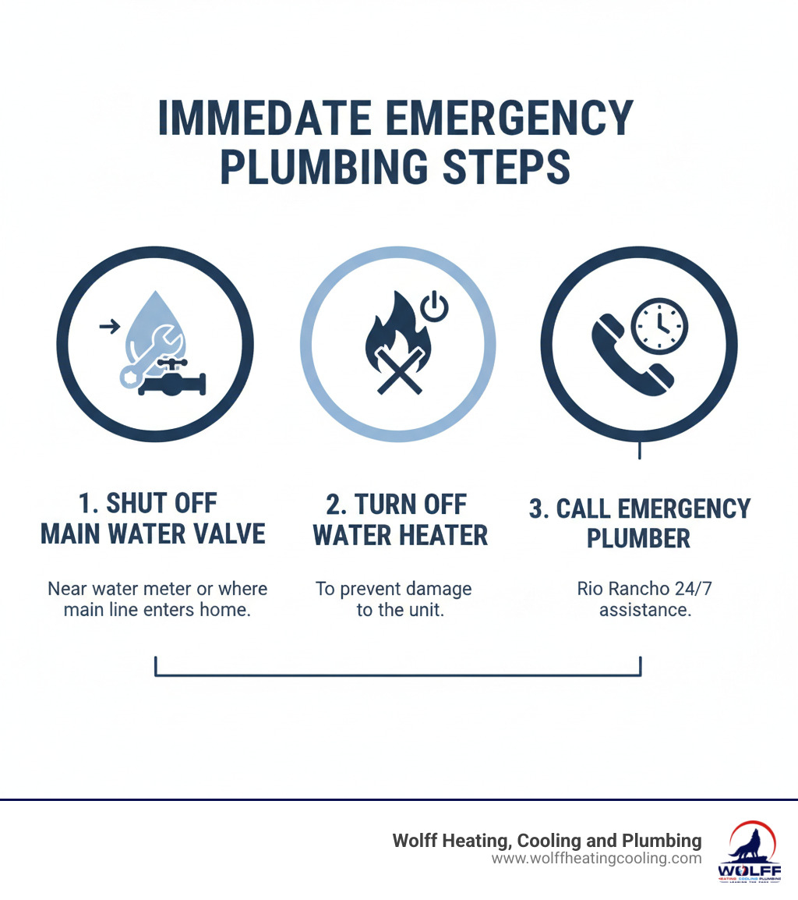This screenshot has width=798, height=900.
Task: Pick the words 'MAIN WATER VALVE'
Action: pyautogui.click(x=153, y=534)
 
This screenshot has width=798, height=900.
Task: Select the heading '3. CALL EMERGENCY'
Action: pyautogui.click(x=639, y=508)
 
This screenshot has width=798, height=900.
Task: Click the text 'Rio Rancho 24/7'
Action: pyautogui.click(x=644, y=588)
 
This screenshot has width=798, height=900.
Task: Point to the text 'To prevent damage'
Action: pyautogui.click(x=393, y=588)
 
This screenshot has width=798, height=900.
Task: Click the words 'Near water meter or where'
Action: pyautogui.click(x=157, y=588)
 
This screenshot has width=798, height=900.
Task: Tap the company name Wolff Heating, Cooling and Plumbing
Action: pyautogui.click(x=546, y=841)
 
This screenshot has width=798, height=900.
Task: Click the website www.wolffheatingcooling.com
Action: pyautogui.click(x=596, y=858)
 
